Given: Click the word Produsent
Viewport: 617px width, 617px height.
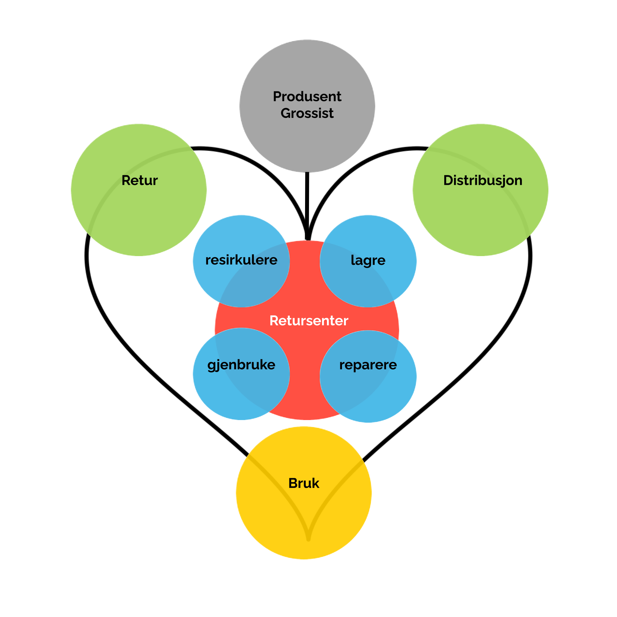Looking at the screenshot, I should pos(307,97).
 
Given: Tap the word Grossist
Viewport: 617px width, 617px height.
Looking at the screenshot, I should pos(307,113).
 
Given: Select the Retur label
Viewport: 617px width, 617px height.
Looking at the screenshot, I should pos(139,180).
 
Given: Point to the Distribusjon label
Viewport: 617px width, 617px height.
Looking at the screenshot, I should pos(482,180).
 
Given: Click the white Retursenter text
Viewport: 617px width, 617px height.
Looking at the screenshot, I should pos(309,321).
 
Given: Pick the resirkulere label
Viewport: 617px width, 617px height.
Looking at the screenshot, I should pos(241,260).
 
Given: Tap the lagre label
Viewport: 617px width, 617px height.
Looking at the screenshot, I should pos(368,260).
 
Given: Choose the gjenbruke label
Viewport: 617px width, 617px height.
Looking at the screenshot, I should pos(241,365).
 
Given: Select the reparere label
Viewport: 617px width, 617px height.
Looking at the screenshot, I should pos(368,365).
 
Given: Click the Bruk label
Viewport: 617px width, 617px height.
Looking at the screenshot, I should pos(304,483).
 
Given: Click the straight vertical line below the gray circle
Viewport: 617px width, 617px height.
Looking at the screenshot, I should pos(307,203).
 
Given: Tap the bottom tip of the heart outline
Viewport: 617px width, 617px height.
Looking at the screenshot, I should pos(308,539).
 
